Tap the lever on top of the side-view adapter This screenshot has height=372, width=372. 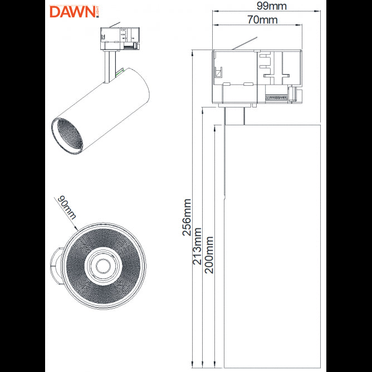coord(244,43)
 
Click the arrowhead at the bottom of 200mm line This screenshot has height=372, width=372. coord(214,366)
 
